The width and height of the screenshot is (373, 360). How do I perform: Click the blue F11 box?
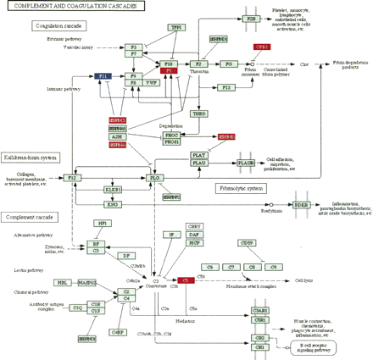103,76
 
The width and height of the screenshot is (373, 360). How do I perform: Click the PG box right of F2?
227,64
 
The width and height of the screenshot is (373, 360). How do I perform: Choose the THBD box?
199,113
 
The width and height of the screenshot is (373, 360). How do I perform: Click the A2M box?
117,136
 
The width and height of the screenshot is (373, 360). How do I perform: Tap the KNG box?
113,204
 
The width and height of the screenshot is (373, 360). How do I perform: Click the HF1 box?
102,223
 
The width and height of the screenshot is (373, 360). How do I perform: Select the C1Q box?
76,307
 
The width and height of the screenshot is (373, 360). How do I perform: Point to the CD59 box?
247,243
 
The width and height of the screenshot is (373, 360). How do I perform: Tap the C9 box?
272,267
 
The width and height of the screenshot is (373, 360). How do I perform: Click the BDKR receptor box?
301,204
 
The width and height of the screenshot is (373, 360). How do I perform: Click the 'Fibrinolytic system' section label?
237,186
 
